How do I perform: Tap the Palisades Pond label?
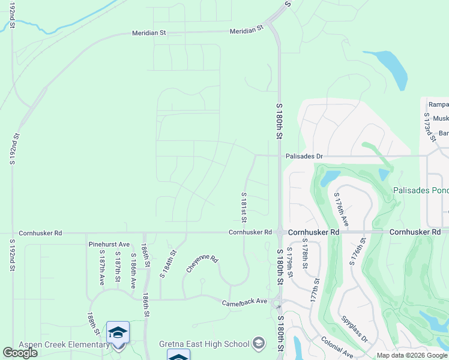421,191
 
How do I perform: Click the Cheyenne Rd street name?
202,263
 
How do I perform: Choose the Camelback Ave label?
244,302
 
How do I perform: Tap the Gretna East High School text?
204,344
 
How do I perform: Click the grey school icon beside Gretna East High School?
259,343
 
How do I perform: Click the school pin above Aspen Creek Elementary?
118,332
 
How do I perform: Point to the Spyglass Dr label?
354,329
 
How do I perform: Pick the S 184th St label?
167,264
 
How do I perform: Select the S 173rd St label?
429,125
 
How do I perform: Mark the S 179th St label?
289,262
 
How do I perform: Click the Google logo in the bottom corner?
20,353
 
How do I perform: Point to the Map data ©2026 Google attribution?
412,356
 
